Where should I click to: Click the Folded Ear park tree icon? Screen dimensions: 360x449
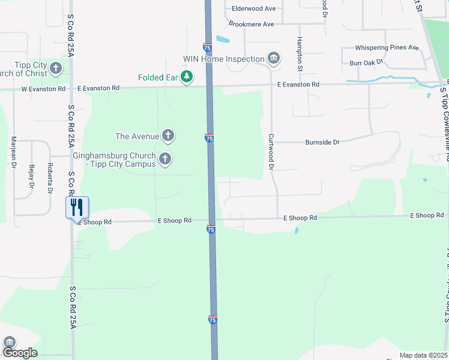pos(187,77)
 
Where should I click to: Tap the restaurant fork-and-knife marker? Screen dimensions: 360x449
pos(77,207)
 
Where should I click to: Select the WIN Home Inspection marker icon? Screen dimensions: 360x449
pos(274,58)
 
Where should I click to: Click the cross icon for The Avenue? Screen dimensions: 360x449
pos(169,136)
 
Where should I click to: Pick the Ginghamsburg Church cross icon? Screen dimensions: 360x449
pos(165,159)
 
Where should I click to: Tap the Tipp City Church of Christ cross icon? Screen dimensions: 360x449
pos(56,68)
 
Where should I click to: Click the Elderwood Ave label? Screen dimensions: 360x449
pos(253,8)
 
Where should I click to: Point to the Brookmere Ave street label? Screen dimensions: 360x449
pos(251,24)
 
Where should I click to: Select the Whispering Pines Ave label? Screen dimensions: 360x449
pos(387,47)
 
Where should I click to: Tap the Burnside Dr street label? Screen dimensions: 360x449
pos(322,142)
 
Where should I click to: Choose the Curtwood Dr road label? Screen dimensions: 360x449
pos(271,152)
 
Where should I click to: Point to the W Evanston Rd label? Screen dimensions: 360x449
pos(43,89)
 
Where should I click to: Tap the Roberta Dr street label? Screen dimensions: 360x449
pos(50,178)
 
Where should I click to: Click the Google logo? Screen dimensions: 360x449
pos(19,352)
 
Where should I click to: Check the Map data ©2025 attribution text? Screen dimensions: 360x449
pos(423,355)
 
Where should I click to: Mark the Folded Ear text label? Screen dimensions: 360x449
pos(158,77)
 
